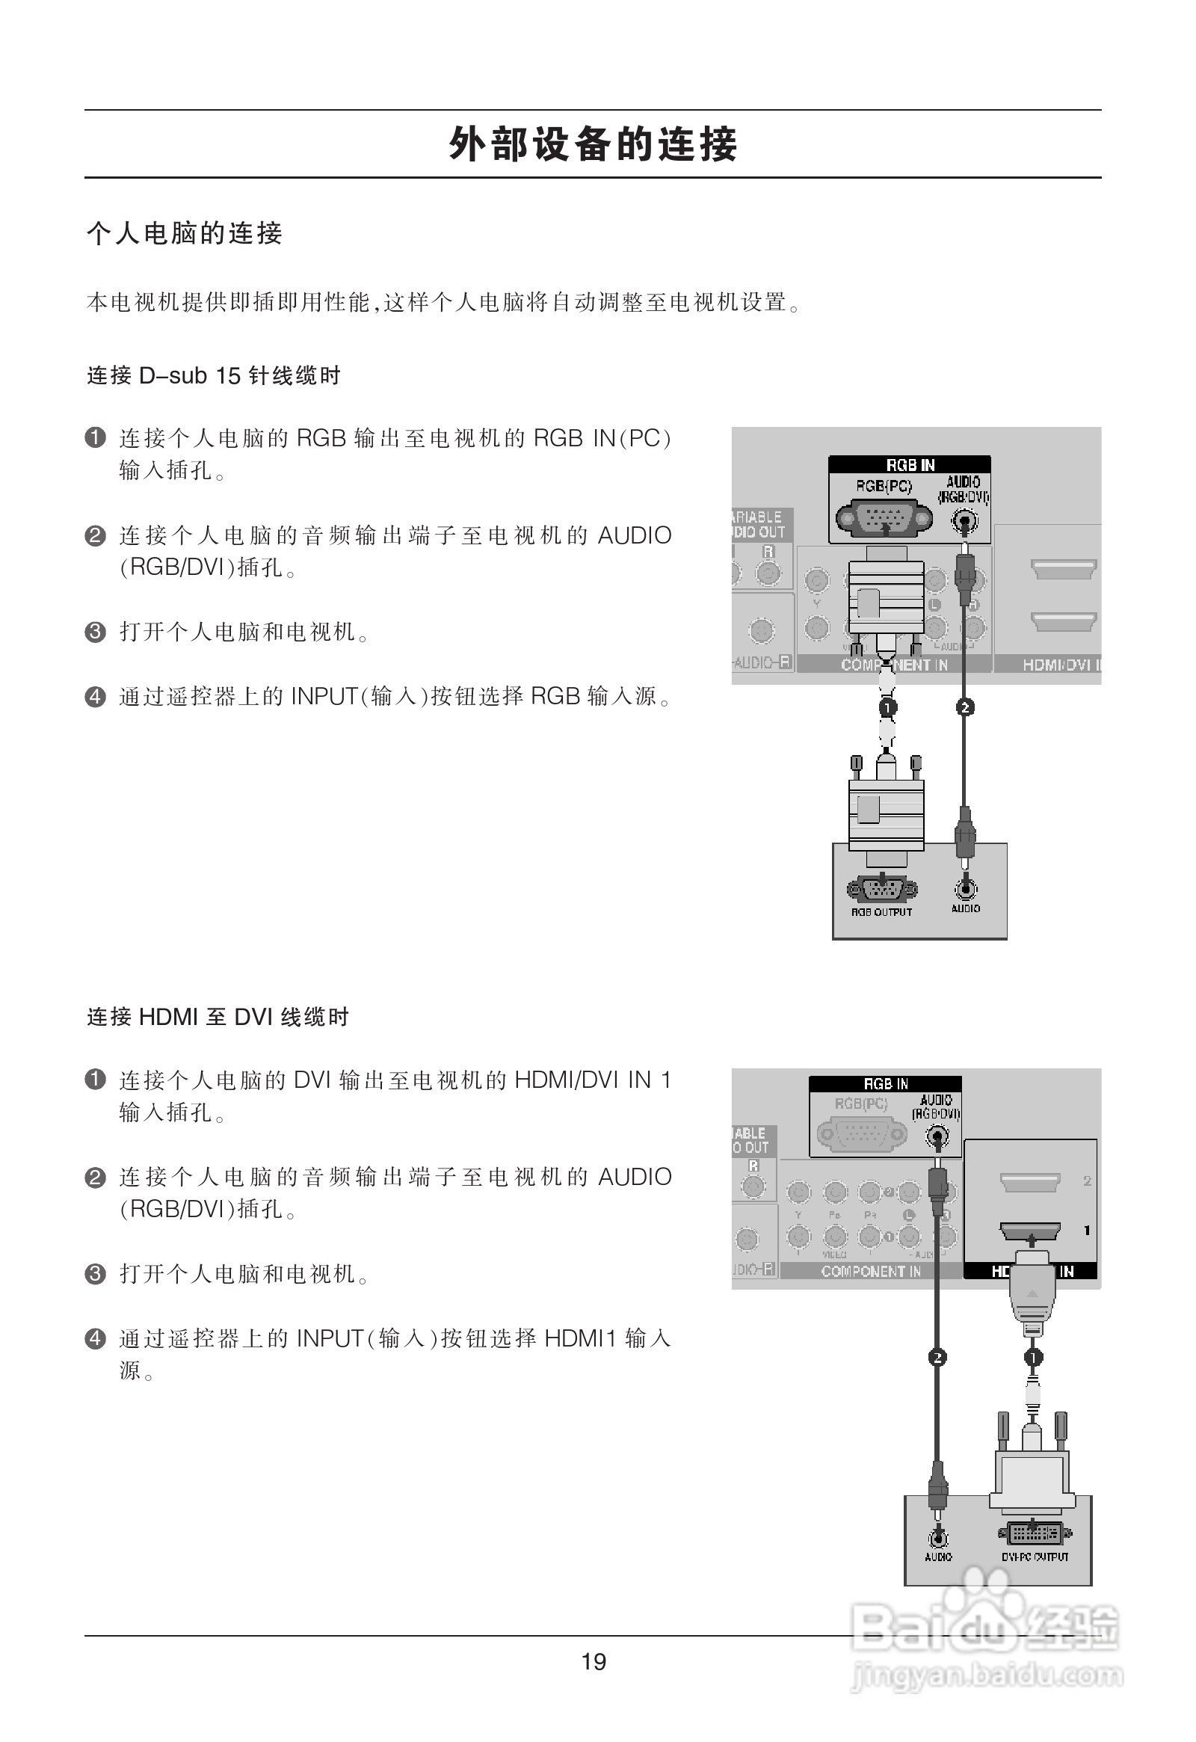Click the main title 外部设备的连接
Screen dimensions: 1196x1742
593,144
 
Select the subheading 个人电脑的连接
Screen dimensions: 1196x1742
185,233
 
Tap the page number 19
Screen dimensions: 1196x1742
594,1662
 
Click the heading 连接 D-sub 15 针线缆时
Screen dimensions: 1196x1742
214,375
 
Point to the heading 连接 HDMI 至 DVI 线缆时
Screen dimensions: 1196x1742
218,1017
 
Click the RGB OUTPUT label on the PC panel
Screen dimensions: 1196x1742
881,912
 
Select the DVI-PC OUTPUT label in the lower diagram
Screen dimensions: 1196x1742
1035,1557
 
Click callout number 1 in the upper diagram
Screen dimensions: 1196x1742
887,707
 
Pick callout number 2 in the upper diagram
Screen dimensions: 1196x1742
965,707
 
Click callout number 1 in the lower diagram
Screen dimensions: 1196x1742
1032,1358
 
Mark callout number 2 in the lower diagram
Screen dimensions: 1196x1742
937,1358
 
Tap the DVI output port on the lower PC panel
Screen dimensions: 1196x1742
1035,1532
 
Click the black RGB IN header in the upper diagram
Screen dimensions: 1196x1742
910,465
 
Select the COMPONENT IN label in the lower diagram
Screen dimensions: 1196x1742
871,1271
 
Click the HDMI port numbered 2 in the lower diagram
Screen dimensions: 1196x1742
1030,1182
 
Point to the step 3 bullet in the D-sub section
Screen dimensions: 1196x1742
95,632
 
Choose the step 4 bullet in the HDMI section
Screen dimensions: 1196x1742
95,1338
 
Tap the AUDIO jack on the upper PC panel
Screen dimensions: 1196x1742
966,889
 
